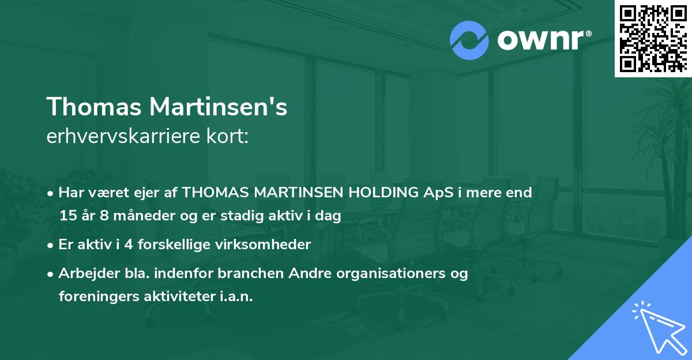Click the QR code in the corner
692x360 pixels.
(653, 38)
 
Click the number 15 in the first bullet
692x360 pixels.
(67, 216)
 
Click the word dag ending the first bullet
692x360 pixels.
(330, 216)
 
